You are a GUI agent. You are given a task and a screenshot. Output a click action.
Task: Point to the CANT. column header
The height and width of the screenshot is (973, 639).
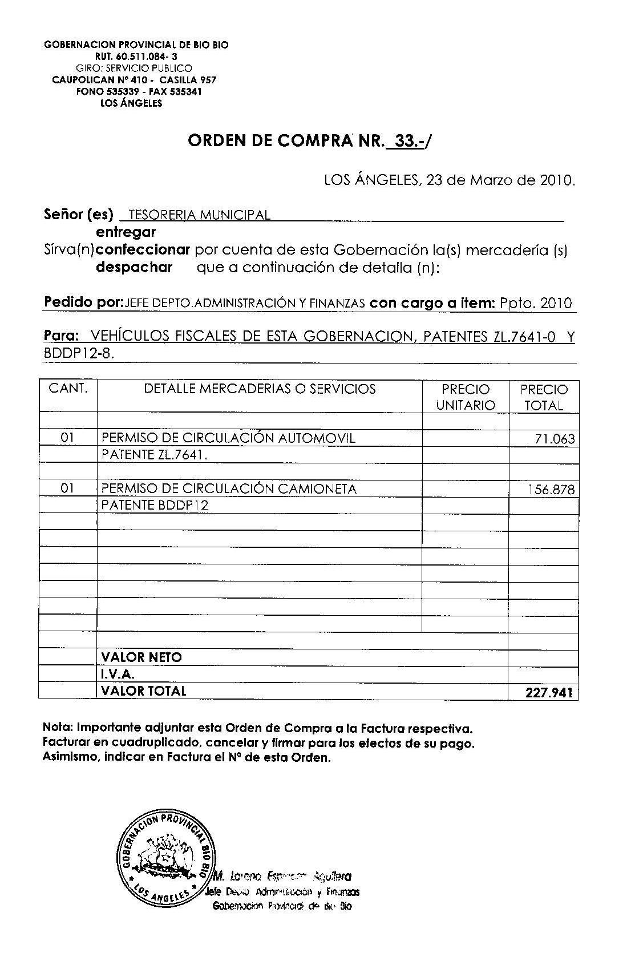pos(68,389)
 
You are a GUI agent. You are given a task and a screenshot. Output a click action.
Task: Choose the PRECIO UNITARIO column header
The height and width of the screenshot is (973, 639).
pos(466,397)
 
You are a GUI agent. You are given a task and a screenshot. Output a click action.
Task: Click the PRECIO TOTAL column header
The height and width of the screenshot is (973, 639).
pos(544,397)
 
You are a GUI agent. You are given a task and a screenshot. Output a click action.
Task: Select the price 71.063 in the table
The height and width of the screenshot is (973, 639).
pos(555,439)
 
